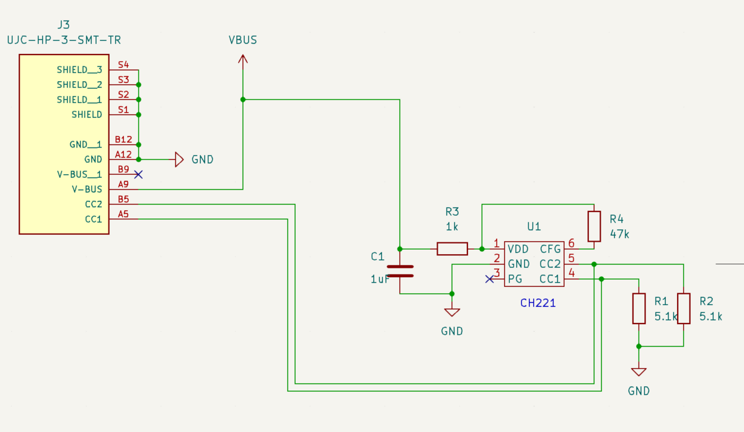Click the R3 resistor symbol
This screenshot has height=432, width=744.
pos(452,249)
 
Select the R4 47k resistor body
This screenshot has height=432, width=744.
pos(594,226)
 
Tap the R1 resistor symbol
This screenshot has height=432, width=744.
pos(639,309)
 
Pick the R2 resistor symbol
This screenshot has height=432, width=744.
pos(683,309)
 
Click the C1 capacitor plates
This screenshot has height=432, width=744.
pos(400,271)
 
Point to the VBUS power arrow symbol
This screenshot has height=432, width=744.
pos(242,60)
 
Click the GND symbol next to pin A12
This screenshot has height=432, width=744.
pos(179,159)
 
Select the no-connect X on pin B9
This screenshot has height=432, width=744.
pos(139,174)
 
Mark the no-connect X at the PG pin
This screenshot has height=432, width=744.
pos(489,279)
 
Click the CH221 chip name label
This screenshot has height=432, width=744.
pos(538,304)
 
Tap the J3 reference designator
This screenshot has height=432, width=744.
pos(63,25)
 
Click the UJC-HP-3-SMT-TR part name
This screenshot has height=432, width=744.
pos(63,40)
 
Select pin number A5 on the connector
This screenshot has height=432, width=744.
pos(123,214)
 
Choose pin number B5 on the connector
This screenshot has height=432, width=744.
pos(123,200)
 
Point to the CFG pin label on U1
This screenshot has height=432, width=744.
pos(550,249)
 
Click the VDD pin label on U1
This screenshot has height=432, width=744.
pos(518,249)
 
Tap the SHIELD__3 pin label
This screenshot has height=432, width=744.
pos(79,70)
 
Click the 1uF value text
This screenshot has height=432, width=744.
pos(380,279)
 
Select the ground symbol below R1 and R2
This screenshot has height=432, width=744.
pos(639,372)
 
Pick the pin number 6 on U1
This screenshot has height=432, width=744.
pos(571,244)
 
